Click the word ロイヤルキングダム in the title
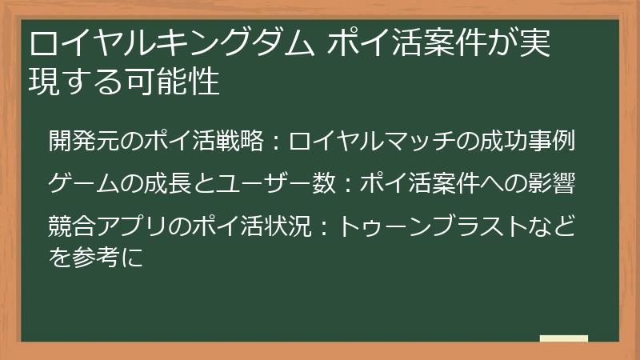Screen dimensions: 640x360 (x=171, y=43)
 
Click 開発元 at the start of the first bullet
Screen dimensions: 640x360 (x=84, y=141)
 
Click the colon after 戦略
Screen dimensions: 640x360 (x=276, y=142)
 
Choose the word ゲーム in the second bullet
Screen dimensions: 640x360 (x=84, y=183)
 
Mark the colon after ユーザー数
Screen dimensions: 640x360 (x=348, y=184)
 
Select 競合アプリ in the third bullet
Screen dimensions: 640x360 (x=108, y=226)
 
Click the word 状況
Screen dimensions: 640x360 (x=288, y=226)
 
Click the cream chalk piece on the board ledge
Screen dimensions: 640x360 (x=564, y=338)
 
